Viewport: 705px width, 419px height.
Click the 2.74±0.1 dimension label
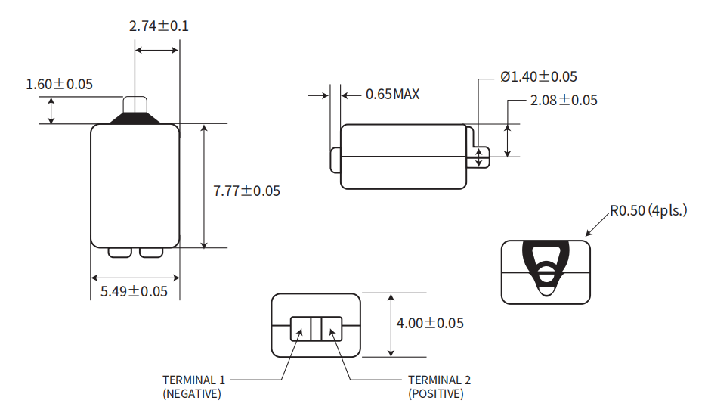click(x=159, y=26)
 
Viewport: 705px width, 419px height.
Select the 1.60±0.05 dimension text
click(x=60, y=84)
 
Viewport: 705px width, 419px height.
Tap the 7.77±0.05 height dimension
click(x=246, y=191)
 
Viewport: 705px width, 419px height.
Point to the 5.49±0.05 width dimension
click(x=135, y=291)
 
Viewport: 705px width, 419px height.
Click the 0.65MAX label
click(x=392, y=95)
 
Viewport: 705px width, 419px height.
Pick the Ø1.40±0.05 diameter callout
click(x=539, y=76)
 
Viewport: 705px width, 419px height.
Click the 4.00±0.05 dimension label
click(x=430, y=323)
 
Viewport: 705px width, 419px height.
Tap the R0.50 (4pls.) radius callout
click(x=648, y=211)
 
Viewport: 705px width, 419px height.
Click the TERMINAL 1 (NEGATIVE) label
click(x=193, y=386)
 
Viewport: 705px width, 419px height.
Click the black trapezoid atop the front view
click(x=135, y=118)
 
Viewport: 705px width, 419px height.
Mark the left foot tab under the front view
click(x=120, y=253)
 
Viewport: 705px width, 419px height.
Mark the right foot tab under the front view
click(x=150, y=253)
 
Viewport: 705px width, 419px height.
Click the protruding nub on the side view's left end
click(x=335, y=161)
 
